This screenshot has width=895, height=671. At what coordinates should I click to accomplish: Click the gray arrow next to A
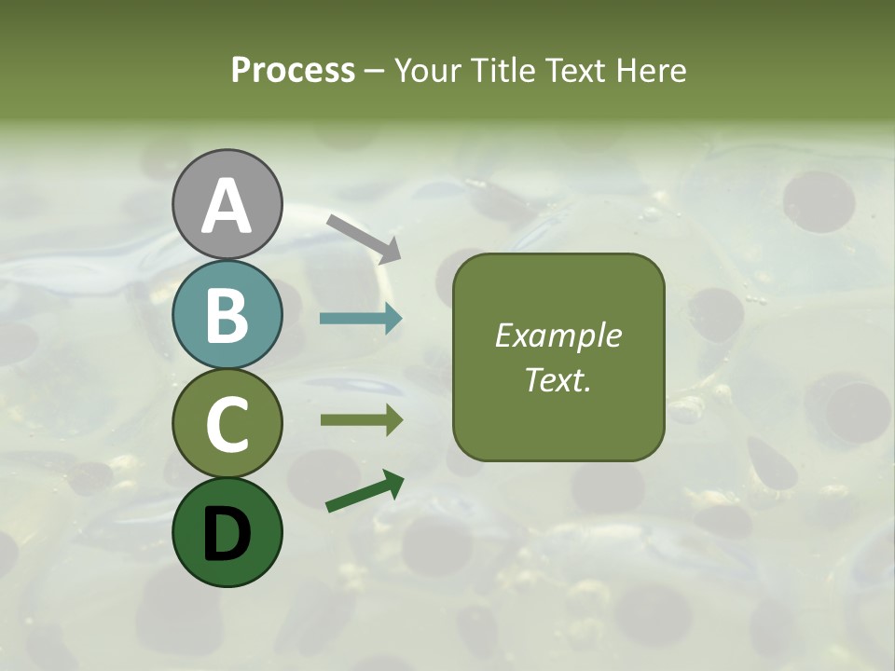[x=364, y=238]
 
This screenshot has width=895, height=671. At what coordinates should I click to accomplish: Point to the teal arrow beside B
[x=361, y=319]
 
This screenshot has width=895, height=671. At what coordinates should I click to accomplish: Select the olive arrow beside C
[x=361, y=420]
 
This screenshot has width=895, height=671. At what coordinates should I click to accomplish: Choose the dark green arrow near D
[x=365, y=492]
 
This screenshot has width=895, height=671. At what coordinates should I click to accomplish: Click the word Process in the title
[x=293, y=70]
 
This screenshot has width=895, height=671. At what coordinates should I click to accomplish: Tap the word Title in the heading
[x=503, y=70]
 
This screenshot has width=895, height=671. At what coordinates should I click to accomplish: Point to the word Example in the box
[x=558, y=335]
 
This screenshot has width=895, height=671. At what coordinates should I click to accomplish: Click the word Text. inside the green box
[x=558, y=379]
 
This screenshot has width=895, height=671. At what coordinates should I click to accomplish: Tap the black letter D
[x=227, y=532]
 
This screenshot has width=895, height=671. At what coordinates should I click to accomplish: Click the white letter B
[x=227, y=316]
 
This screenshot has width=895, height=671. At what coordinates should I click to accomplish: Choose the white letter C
[x=227, y=425]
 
